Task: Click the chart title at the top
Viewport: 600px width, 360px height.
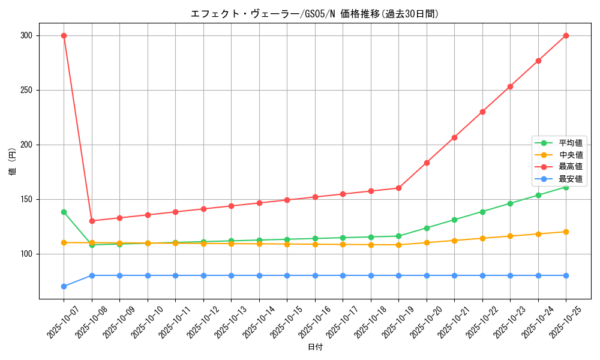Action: tap(314, 14)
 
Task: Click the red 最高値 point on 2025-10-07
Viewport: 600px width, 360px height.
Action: tap(64, 35)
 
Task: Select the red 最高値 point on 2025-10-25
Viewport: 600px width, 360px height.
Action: tap(566, 35)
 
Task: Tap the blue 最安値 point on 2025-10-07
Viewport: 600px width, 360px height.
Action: tap(64, 286)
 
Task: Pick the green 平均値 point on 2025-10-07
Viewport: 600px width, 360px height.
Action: tap(64, 212)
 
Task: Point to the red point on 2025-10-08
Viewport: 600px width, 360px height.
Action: tap(92, 221)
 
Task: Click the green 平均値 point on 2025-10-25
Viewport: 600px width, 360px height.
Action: tap(566, 187)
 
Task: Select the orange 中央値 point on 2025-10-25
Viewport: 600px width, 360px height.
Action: tap(566, 232)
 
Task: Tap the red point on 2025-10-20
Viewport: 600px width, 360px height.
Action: tap(427, 163)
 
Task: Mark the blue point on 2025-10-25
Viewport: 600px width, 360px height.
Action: tap(566, 275)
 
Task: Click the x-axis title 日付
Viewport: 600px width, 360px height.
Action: tap(315, 347)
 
